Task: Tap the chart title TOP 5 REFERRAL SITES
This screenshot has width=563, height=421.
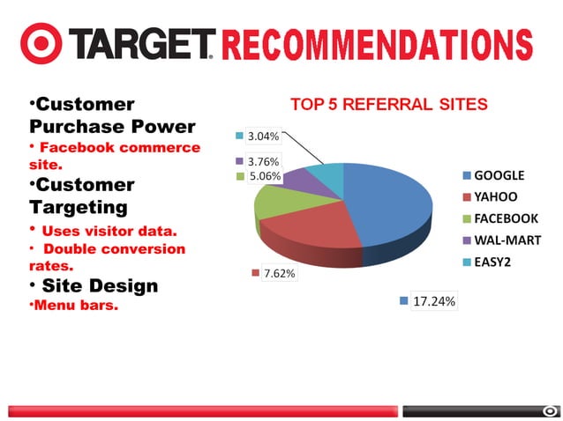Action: [388, 105]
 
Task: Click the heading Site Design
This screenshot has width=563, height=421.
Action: [93, 285]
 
